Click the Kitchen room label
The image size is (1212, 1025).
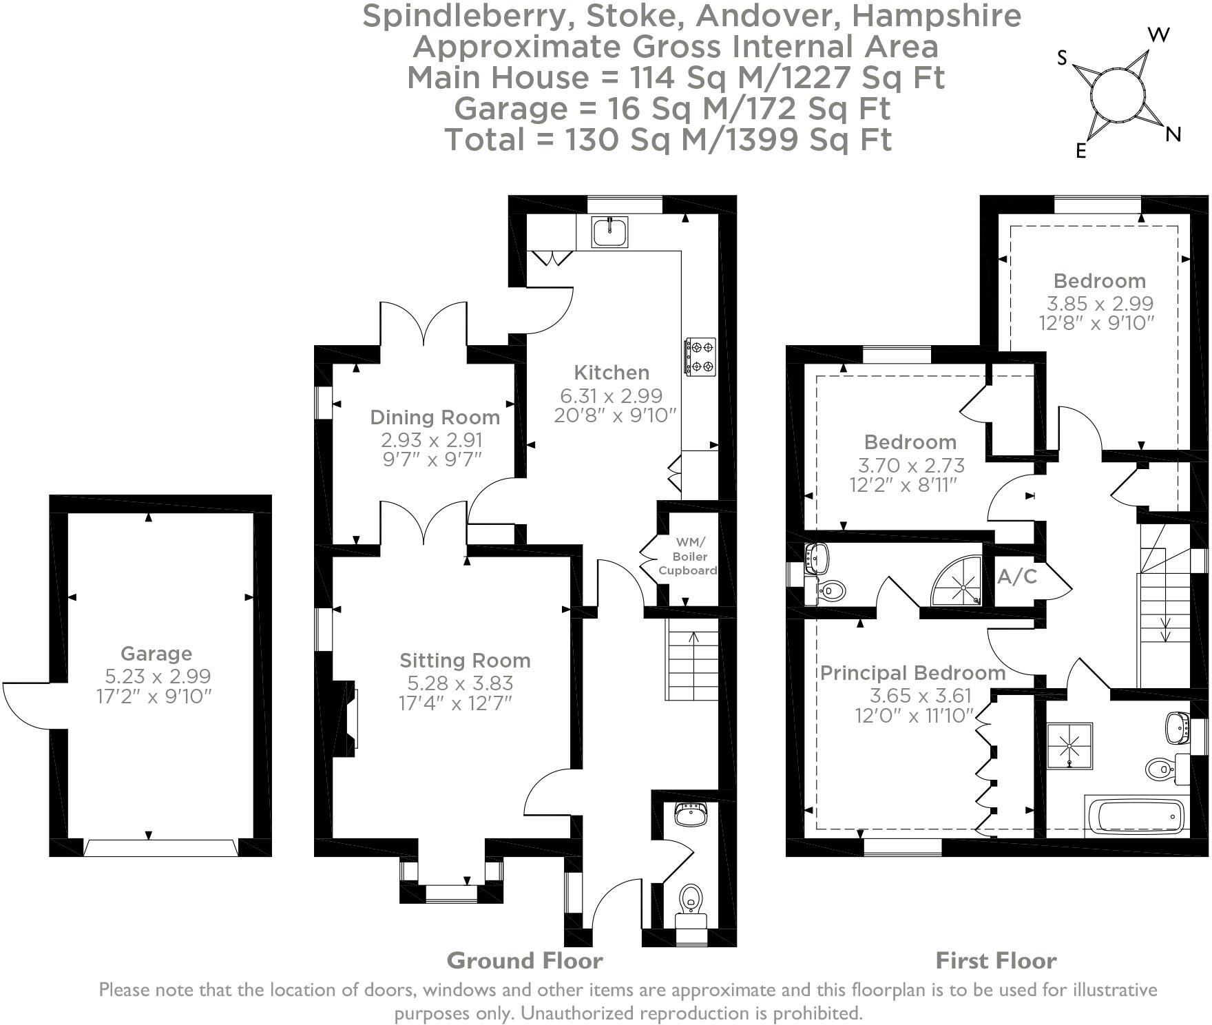click(x=612, y=373)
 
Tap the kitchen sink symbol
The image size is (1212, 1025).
click(x=609, y=231)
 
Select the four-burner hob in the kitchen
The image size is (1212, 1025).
click(x=699, y=357)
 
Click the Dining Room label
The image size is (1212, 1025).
click(x=435, y=417)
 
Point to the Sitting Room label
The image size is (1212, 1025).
click(x=465, y=661)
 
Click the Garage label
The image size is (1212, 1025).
click(x=156, y=654)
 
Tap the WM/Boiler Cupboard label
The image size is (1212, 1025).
click(x=688, y=557)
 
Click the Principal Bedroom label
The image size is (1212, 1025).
click(x=912, y=673)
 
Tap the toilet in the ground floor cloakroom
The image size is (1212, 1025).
click(x=691, y=899)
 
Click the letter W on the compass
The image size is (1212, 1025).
click(x=1160, y=35)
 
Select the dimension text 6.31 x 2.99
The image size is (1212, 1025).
click(x=612, y=395)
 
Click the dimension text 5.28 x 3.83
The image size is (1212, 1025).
click(x=460, y=683)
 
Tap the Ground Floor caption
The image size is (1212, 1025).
click(x=525, y=960)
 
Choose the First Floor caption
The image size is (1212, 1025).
click(x=996, y=960)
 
